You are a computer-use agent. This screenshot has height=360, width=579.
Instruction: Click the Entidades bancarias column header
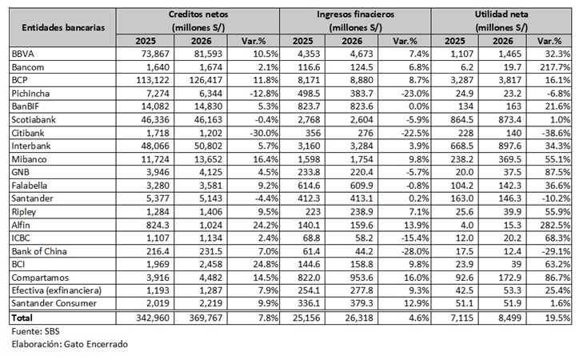coord(63,27)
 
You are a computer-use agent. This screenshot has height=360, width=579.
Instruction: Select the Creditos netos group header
coord(198,21)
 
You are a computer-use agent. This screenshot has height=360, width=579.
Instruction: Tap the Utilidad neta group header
coord(501,21)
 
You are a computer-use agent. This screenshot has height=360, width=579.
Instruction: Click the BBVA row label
coord(23,54)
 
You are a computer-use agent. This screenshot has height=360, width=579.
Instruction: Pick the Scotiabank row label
coord(34,120)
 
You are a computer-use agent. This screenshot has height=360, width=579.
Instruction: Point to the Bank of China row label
coord(39,251)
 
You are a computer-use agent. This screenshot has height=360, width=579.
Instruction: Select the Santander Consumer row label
coord(54,303)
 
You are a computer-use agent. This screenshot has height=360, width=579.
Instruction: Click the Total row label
coord(22,318)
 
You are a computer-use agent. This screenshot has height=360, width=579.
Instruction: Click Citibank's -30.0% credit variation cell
coord(264,133)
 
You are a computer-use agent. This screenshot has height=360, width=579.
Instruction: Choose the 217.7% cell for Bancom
coord(555,67)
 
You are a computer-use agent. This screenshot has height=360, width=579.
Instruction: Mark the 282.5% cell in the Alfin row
coord(555,226)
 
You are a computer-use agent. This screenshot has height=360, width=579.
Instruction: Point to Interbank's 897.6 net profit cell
coord(510,146)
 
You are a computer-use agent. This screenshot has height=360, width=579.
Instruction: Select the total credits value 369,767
coord(206,318)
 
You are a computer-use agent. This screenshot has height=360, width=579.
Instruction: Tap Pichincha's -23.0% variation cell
coord(415,94)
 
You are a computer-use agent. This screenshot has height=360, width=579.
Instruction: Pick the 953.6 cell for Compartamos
coord(361,278)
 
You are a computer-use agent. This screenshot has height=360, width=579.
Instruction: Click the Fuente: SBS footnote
coord(35,331)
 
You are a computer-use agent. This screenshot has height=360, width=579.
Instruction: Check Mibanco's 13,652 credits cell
coord(208,159)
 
